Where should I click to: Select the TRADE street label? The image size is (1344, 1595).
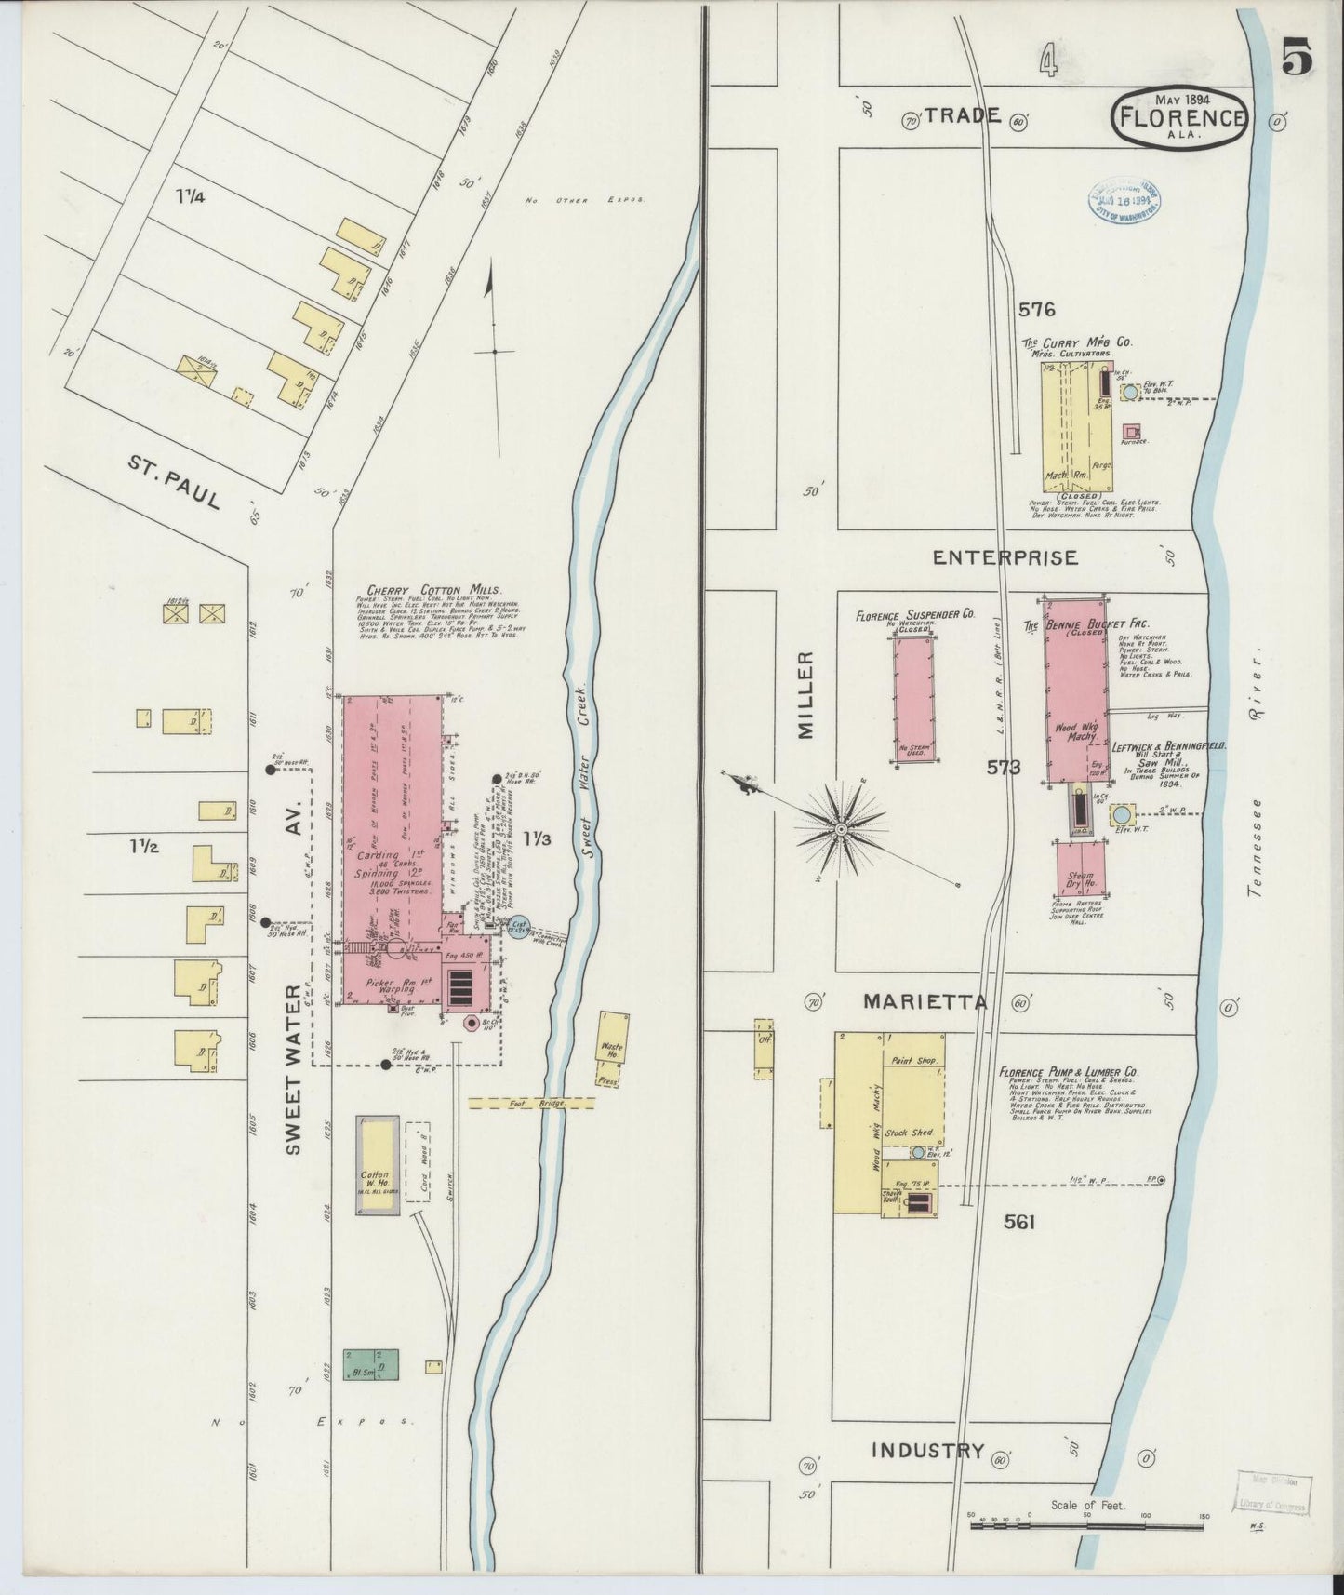tap(962, 116)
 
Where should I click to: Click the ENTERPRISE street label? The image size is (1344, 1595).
tap(1005, 557)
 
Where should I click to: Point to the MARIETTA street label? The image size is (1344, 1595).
tap(925, 1001)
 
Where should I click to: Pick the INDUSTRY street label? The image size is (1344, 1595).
tap(927, 1450)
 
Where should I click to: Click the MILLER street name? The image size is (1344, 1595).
tap(805, 695)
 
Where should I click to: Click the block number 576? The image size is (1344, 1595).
tap(1036, 309)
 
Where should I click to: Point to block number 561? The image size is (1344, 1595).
tap(1019, 1222)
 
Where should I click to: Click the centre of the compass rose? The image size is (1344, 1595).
tap(841, 827)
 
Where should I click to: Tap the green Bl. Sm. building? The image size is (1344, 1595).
tap(370, 1364)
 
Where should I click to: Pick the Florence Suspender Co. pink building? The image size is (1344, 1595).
tap(914, 698)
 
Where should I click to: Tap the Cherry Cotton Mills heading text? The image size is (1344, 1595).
tap(434, 590)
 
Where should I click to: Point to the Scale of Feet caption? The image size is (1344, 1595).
tap(1087, 1505)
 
